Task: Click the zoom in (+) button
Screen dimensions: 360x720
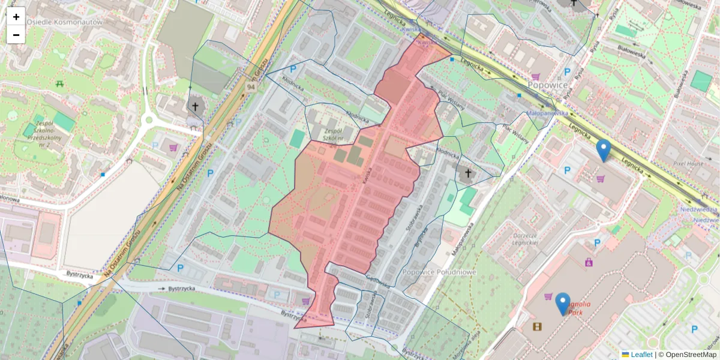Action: tap(16, 17)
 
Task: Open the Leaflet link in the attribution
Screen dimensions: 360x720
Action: tap(641, 355)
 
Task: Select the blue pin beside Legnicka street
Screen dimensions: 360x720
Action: tap(603, 150)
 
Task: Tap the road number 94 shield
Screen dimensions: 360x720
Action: tap(250, 87)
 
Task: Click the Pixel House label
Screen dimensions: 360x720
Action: tap(688, 163)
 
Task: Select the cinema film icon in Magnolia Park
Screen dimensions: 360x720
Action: tap(537, 326)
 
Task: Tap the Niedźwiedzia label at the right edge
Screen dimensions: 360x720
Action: tap(700, 209)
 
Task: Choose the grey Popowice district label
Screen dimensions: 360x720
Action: tap(548, 85)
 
